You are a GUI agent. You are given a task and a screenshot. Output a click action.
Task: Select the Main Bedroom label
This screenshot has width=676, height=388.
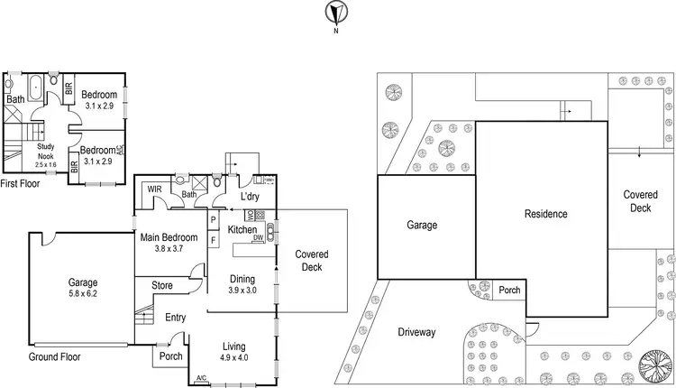point(169,238)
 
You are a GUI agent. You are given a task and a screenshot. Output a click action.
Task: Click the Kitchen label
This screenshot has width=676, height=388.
point(242,231)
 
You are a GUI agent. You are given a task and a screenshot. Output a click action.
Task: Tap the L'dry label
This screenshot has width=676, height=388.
point(250,197)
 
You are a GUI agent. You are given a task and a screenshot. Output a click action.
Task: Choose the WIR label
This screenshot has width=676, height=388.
point(153,189)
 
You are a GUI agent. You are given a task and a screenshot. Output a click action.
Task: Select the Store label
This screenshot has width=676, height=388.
point(162,286)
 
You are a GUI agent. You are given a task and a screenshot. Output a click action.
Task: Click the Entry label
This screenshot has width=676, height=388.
point(176,317)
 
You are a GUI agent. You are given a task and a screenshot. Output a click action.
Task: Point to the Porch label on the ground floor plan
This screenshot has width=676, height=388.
point(169,355)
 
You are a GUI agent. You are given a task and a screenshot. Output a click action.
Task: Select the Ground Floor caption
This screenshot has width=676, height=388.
point(54,357)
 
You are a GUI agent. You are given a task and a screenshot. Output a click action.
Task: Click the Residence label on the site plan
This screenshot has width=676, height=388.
point(546,214)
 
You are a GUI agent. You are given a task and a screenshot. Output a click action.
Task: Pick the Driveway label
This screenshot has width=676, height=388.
point(416,332)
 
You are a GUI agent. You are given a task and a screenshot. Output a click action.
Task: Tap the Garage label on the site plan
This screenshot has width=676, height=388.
point(422,226)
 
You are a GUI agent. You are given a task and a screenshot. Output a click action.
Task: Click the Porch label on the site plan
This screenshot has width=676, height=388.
point(509,291)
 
